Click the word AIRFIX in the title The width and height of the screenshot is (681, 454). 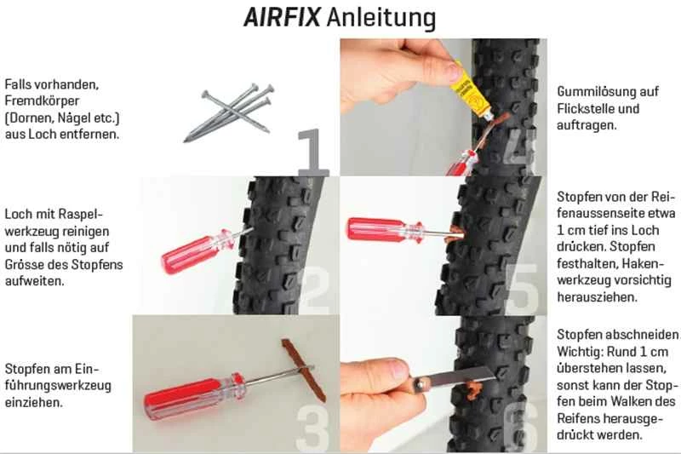point(282,18)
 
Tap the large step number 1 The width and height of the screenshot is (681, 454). point(312,150)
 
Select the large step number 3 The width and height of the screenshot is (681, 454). point(312,428)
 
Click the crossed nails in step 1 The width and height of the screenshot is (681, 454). point(229,112)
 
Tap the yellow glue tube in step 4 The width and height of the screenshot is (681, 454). point(470,93)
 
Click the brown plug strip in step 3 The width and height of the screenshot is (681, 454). point(304,371)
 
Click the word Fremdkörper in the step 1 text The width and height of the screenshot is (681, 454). point(42,101)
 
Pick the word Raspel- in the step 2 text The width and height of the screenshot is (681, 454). point(81,215)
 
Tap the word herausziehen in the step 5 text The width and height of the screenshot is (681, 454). point(598,297)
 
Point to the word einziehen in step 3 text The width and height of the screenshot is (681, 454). point(33,402)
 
